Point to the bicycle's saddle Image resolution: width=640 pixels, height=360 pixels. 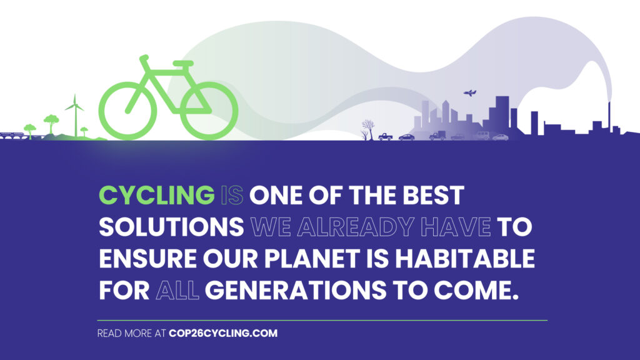(x=183, y=64)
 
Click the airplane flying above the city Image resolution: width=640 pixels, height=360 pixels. (x=470, y=93)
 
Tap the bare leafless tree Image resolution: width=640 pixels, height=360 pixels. (x=367, y=130)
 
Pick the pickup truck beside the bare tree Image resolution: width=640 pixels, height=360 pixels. (x=385, y=137)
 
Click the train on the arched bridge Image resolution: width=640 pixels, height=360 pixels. (x=12, y=134)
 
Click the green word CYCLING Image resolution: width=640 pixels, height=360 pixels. (x=157, y=195)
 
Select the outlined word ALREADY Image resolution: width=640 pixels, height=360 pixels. (x=356, y=227)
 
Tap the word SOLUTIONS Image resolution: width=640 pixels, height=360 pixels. (x=171, y=227)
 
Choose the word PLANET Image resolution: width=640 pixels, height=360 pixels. (x=312, y=259)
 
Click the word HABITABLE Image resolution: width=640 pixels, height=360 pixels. (x=464, y=259)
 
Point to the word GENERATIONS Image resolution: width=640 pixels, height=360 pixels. (x=295, y=290)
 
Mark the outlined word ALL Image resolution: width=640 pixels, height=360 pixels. (x=177, y=291)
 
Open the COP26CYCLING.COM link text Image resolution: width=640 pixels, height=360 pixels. (x=223, y=333)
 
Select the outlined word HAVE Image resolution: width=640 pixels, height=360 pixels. (x=456, y=227)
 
